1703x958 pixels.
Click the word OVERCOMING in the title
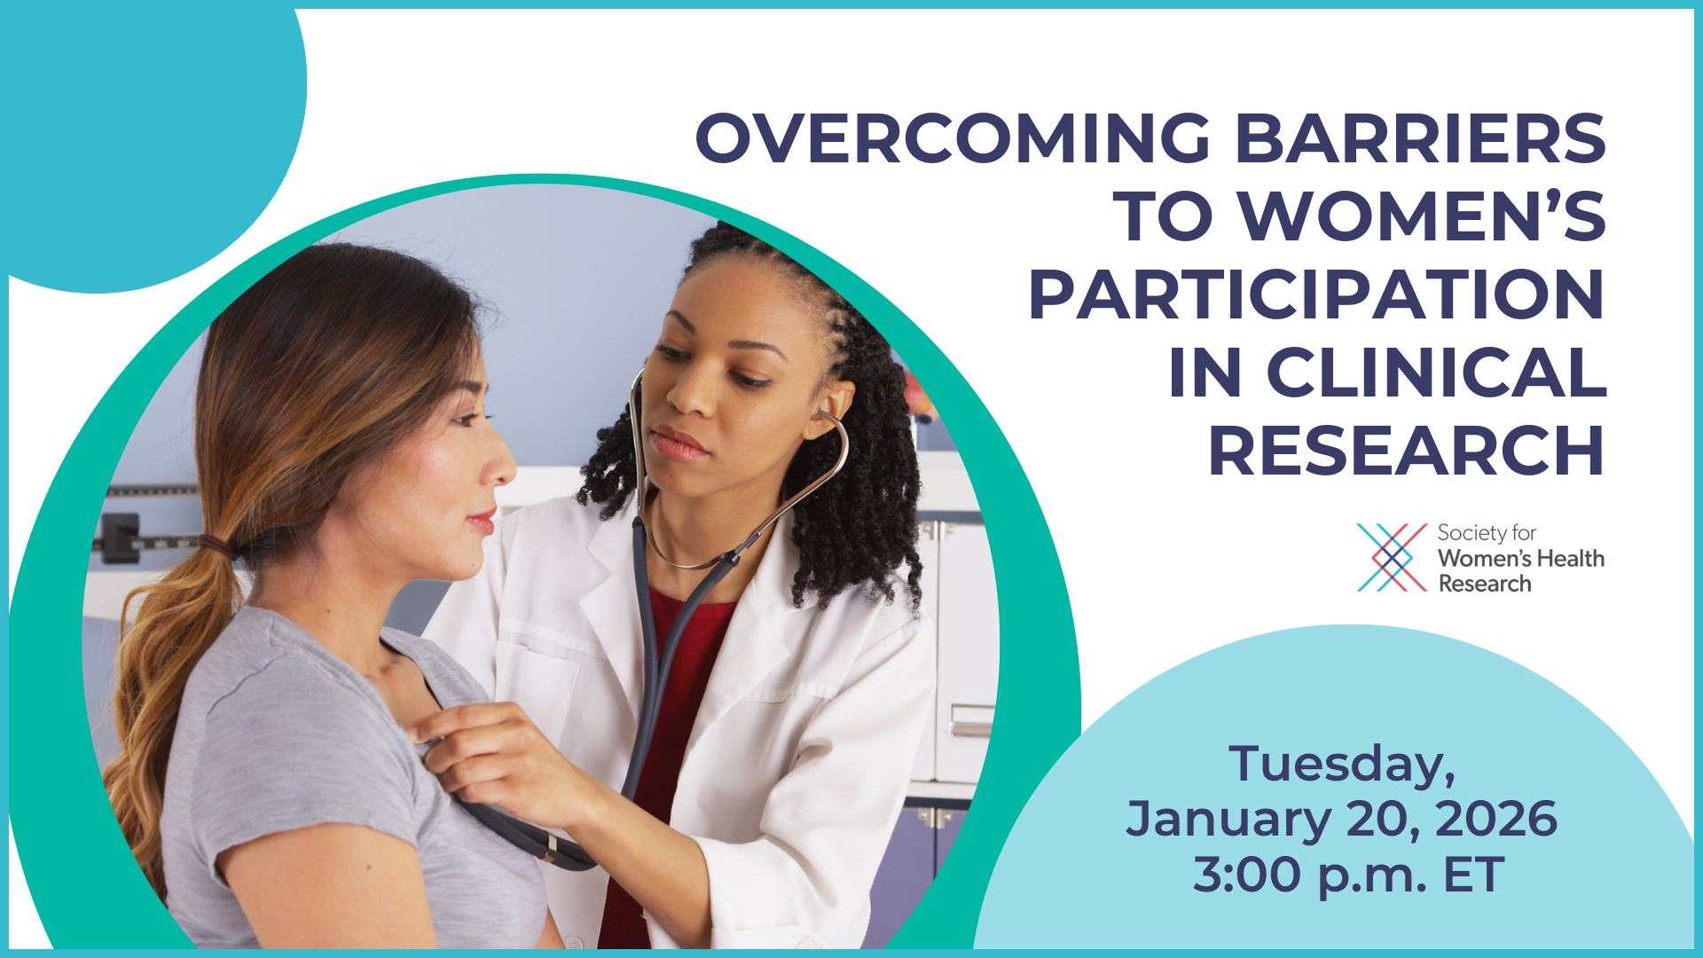pyautogui.click(x=953, y=138)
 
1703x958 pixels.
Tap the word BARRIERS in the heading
pyautogui.click(x=1420, y=138)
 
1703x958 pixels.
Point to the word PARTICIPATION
pyautogui.click(x=1316, y=294)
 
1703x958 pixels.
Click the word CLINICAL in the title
pyautogui.click(x=1436, y=373)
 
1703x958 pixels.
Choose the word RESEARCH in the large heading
pyautogui.click(x=1406, y=451)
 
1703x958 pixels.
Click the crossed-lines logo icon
pyautogui.click(x=1392, y=557)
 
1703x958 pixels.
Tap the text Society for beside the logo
pyautogui.click(x=1487, y=533)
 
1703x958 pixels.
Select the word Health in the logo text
pyautogui.click(x=1570, y=558)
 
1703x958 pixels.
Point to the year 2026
pyautogui.click(x=1495, y=819)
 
